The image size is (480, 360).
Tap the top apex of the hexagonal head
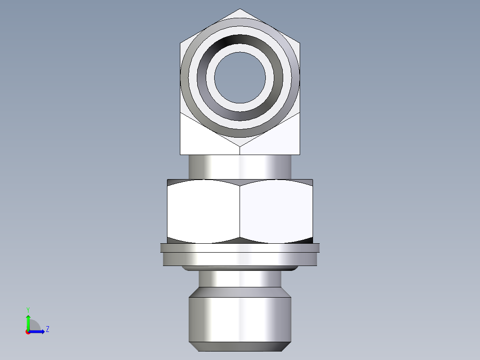pos(240,10)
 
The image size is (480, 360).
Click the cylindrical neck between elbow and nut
pos(240,167)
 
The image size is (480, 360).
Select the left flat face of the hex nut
pos(203,212)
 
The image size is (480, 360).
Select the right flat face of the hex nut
pos(276,212)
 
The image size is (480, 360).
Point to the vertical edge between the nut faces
pos(240,212)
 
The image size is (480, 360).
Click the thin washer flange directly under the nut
pos(240,248)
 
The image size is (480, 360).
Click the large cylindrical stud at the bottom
pos(240,319)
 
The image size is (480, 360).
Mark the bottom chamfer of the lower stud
pos(240,347)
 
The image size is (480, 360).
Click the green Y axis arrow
pos(28,321)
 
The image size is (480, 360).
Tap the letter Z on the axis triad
pos(47,329)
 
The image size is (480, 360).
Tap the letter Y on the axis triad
pos(28,310)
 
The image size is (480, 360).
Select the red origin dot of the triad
pos(28,331)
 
